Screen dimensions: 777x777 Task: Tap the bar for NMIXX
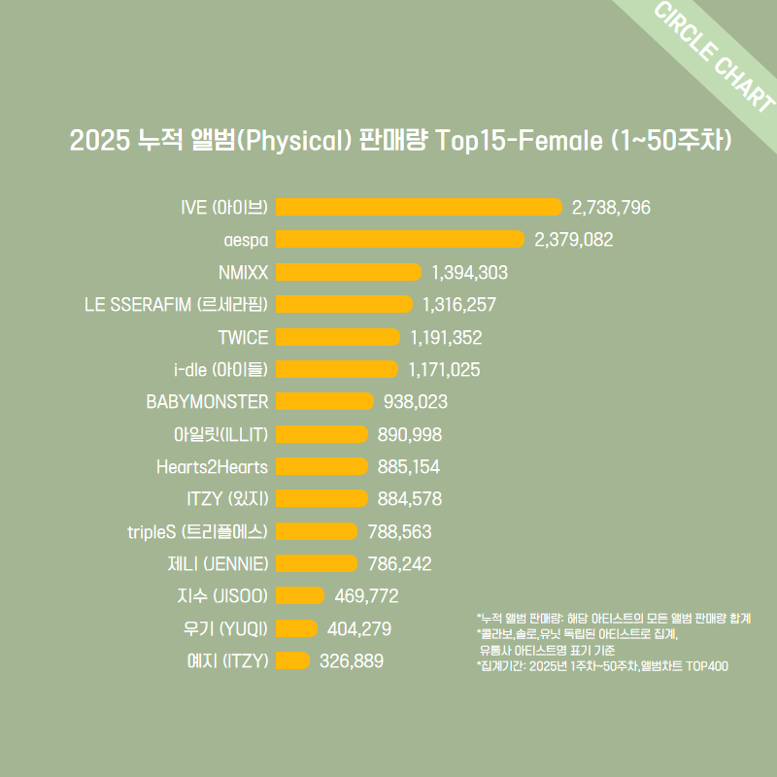pos(349,272)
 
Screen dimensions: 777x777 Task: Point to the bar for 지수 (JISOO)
pos(300,595)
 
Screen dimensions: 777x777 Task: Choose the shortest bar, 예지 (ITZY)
pos(293,660)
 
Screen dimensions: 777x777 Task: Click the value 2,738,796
pos(611,207)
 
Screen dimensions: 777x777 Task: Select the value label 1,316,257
pos(459,304)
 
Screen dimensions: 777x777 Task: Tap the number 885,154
pos(408,466)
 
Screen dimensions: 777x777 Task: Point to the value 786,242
pos(400,563)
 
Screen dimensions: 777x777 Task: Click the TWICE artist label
pos(243,337)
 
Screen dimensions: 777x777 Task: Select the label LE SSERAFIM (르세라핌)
pos(176,304)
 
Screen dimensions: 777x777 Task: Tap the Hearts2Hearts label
pos(212,466)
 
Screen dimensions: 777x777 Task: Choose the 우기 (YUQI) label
pos(225,628)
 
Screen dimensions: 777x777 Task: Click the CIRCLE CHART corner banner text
pos(714,59)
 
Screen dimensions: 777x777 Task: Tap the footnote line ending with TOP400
pos(602,666)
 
